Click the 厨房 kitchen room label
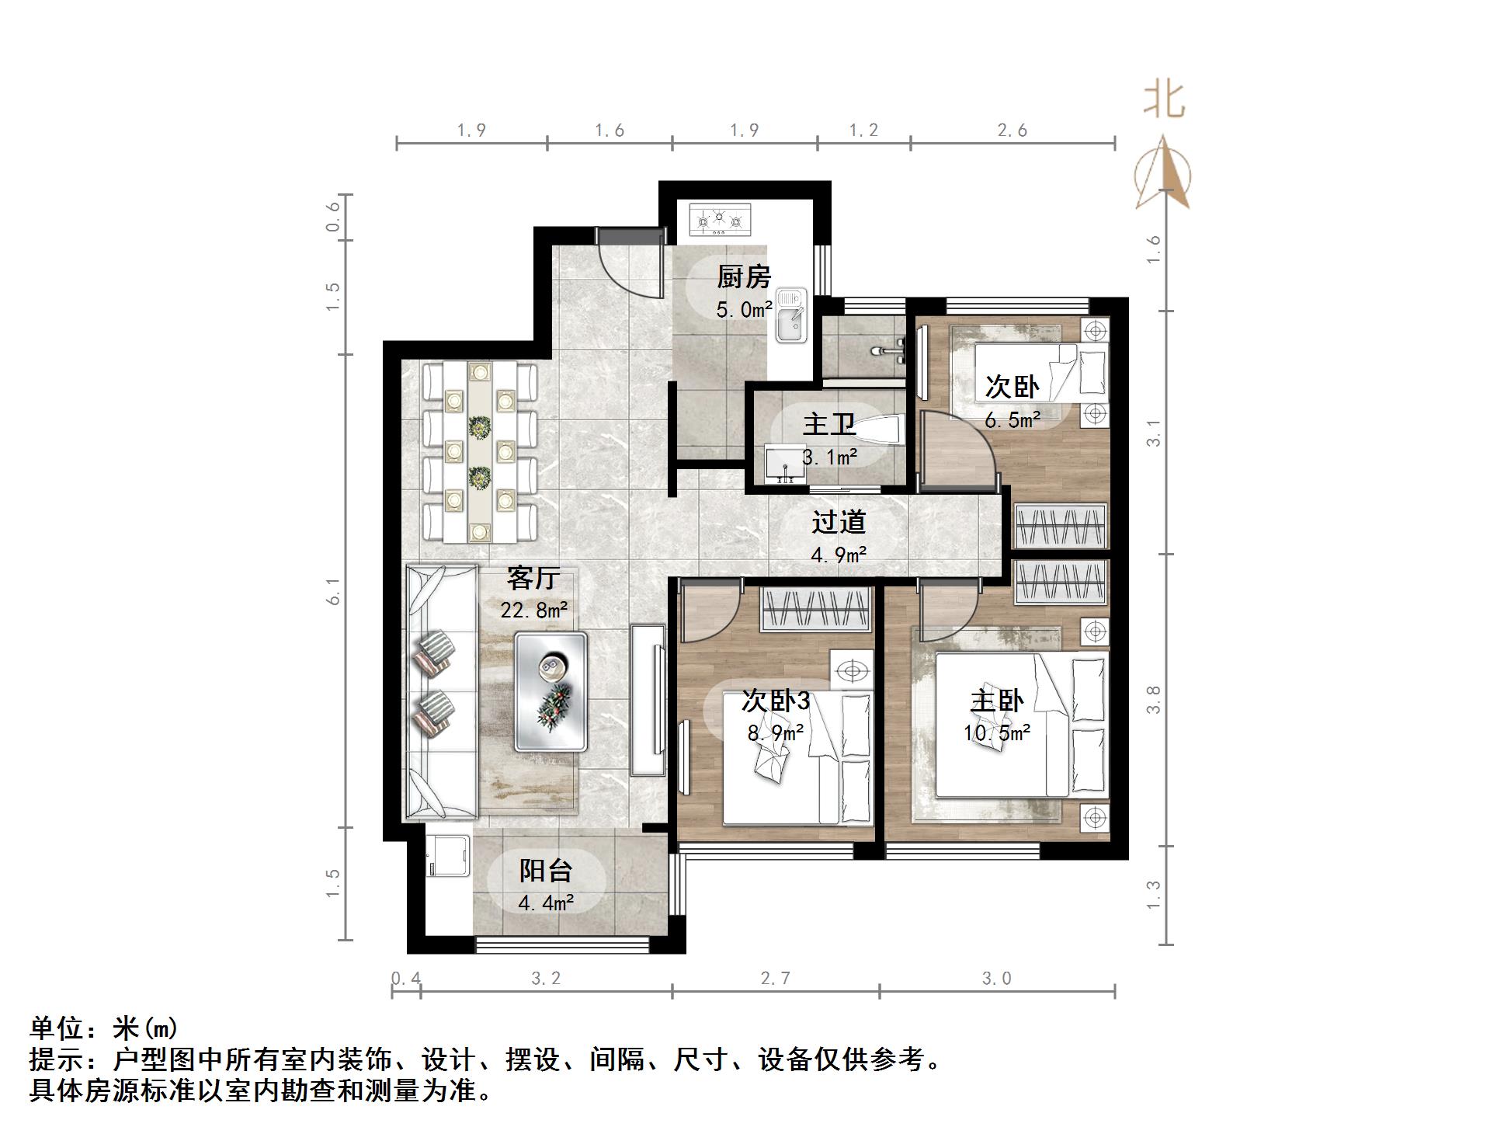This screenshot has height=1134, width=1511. click(743, 277)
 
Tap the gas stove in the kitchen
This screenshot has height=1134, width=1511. click(720, 220)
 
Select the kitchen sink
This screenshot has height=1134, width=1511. click(791, 315)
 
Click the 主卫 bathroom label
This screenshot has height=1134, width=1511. click(828, 424)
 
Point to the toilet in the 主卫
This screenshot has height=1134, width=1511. click(881, 429)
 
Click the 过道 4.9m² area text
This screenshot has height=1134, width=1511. click(838, 555)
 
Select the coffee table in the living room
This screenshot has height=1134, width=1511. click(551, 691)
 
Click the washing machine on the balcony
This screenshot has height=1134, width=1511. click(449, 856)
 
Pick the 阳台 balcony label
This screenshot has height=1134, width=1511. click(545, 871)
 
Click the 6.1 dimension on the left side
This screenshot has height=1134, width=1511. click(334, 591)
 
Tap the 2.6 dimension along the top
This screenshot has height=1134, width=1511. click(1012, 130)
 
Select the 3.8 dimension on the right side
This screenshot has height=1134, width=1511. click(1154, 699)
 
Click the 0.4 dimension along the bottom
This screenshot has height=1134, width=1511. click(405, 978)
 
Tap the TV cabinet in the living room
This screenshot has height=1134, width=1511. click(648, 699)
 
